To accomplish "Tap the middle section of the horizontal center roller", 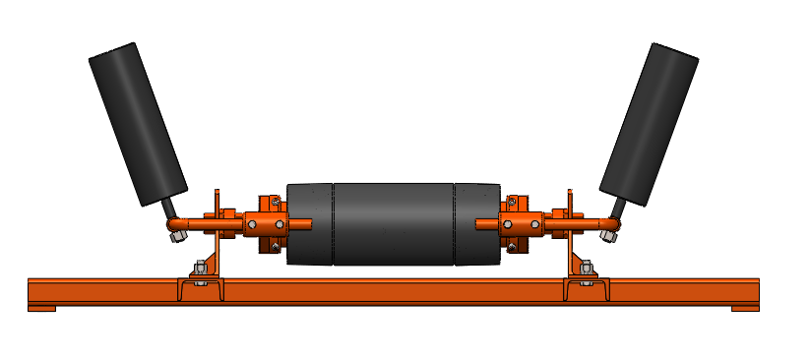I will (394, 224).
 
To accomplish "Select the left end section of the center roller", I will (310, 224).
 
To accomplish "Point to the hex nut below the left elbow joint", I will (177, 234).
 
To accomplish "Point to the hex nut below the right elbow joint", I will (611, 235).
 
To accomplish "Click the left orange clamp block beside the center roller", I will (264, 223).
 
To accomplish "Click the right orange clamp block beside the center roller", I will (521, 224).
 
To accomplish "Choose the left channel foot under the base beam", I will (41, 309).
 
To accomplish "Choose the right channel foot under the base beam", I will (746, 309).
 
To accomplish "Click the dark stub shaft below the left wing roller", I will (169, 209).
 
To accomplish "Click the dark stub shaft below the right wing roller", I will (619, 209).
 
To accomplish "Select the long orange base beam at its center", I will (394, 292).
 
